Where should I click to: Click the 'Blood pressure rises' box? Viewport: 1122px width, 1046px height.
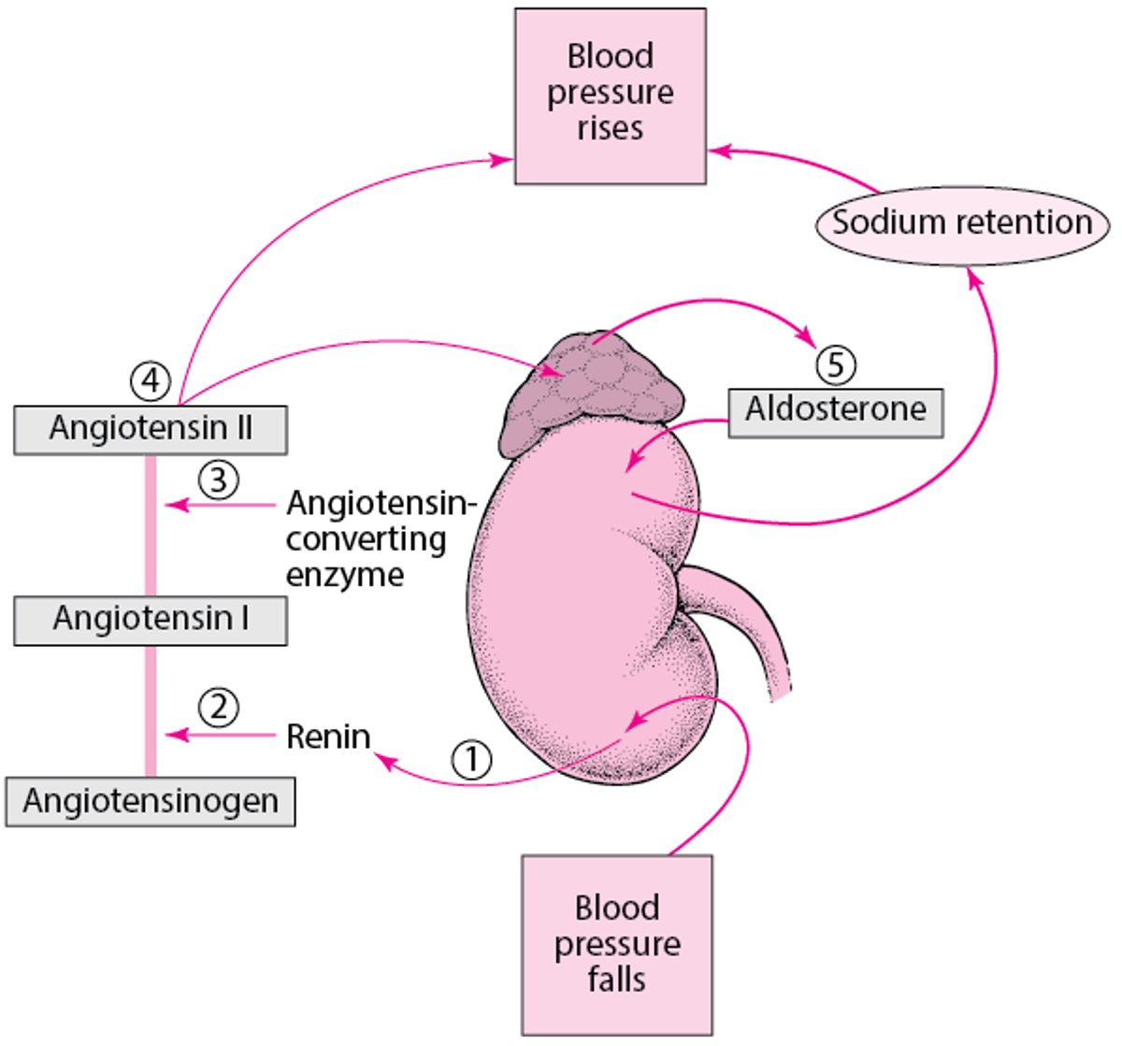tap(610, 95)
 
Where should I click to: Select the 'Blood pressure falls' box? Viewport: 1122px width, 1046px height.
tap(616, 943)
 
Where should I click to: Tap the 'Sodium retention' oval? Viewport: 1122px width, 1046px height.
tap(962, 223)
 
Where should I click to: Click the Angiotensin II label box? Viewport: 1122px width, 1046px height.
tap(151, 429)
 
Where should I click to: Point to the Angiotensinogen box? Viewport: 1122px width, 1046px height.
tap(151, 802)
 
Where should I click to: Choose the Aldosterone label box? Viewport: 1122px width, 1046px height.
tap(836, 410)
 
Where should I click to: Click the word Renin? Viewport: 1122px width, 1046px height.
tap(328, 737)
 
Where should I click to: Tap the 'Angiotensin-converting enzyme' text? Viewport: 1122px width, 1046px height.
tap(379, 538)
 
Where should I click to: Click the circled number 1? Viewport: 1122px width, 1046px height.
tap(472, 759)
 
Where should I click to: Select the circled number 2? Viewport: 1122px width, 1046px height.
tap(218, 708)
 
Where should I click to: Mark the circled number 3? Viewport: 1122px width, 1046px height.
tap(218, 480)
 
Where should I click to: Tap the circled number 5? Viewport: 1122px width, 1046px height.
tap(836, 364)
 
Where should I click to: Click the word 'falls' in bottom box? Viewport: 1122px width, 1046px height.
tap(616, 980)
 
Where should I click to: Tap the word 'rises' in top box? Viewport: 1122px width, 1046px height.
tap(610, 128)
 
